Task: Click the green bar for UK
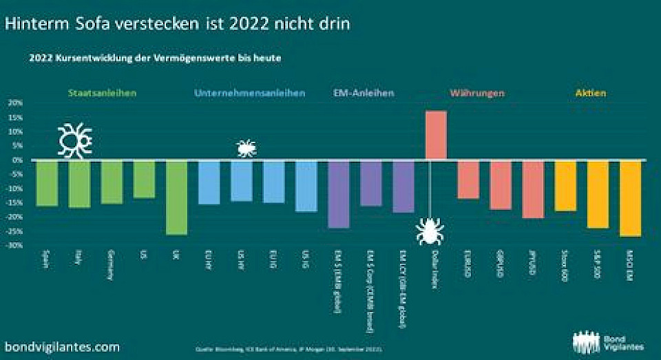177,197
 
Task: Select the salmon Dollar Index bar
436,135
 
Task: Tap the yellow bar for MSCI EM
630,198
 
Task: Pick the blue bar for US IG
306,186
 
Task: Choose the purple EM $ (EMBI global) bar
339,193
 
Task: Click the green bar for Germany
112,182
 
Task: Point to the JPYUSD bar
533,189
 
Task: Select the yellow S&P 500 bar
598,193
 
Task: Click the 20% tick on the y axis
15,103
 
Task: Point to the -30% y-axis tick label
15,246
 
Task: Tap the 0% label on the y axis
18,160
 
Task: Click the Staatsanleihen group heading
103,93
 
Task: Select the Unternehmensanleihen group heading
250,93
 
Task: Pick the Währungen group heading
477,93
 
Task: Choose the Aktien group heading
591,93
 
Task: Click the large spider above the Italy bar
75,140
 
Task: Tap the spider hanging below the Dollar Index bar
430,231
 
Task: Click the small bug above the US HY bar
246,147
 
